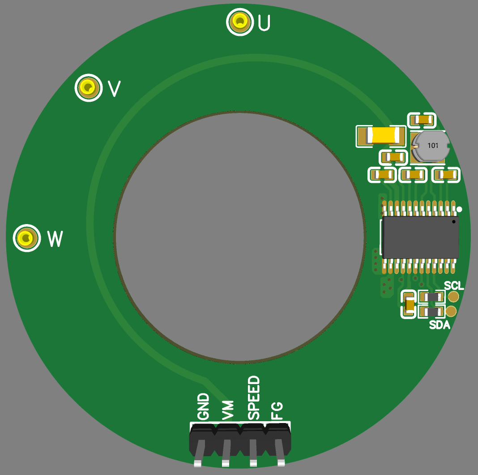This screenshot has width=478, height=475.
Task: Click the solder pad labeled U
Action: [240, 22]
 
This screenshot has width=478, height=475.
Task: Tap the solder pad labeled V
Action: [89, 88]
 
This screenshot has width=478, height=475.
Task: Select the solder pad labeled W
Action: [26, 238]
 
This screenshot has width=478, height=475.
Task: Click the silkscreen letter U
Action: [264, 22]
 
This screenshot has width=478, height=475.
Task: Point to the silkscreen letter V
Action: [114, 89]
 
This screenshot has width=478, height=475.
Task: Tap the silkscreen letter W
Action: [55, 239]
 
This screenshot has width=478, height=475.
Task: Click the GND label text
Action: [203, 406]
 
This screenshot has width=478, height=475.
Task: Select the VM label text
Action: [228, 410]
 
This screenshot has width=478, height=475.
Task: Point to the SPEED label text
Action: [254, 398]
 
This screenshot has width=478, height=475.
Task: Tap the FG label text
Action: [277, 411]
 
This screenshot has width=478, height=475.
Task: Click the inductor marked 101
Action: [431, 146]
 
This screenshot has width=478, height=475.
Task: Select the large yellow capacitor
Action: [381, 135]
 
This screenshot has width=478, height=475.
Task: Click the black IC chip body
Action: [420, 237]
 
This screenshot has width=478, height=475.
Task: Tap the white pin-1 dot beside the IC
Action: [459, 209]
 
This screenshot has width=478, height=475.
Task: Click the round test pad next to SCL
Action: [453, 297]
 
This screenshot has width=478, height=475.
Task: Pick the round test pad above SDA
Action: [451, 311]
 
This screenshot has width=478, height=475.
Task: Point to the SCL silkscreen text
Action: [454, 286]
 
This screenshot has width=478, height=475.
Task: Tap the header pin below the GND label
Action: [198, 453]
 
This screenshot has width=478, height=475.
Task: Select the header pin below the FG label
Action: [280, 453]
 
